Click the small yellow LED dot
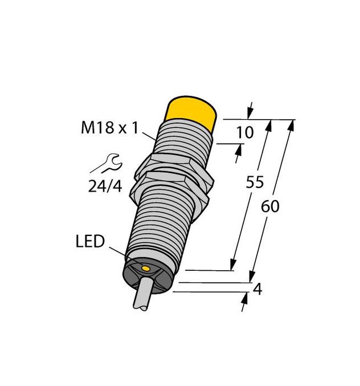click(146, 268)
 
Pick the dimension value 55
click(254, 182)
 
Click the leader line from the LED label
click(116, 253)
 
